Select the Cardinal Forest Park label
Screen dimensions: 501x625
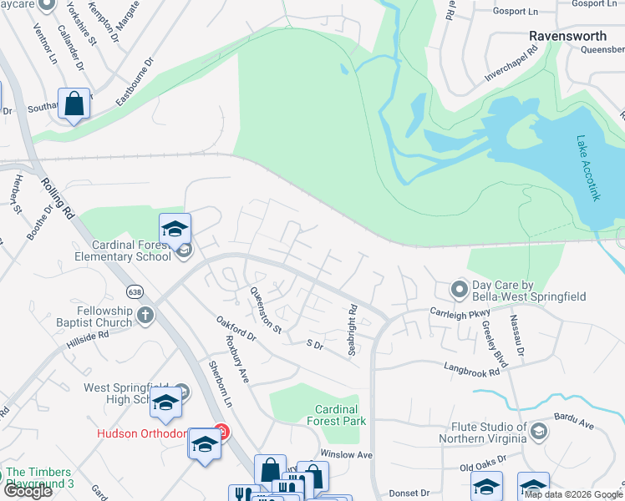336,415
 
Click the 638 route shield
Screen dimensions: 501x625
135,291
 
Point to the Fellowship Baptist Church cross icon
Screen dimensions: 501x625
145,315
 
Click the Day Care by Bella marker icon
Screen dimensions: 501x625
458,290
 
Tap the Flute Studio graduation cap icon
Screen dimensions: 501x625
539,431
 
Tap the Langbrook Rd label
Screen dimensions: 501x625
471,368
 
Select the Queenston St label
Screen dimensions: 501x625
265,310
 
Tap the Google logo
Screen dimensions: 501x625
27,490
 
